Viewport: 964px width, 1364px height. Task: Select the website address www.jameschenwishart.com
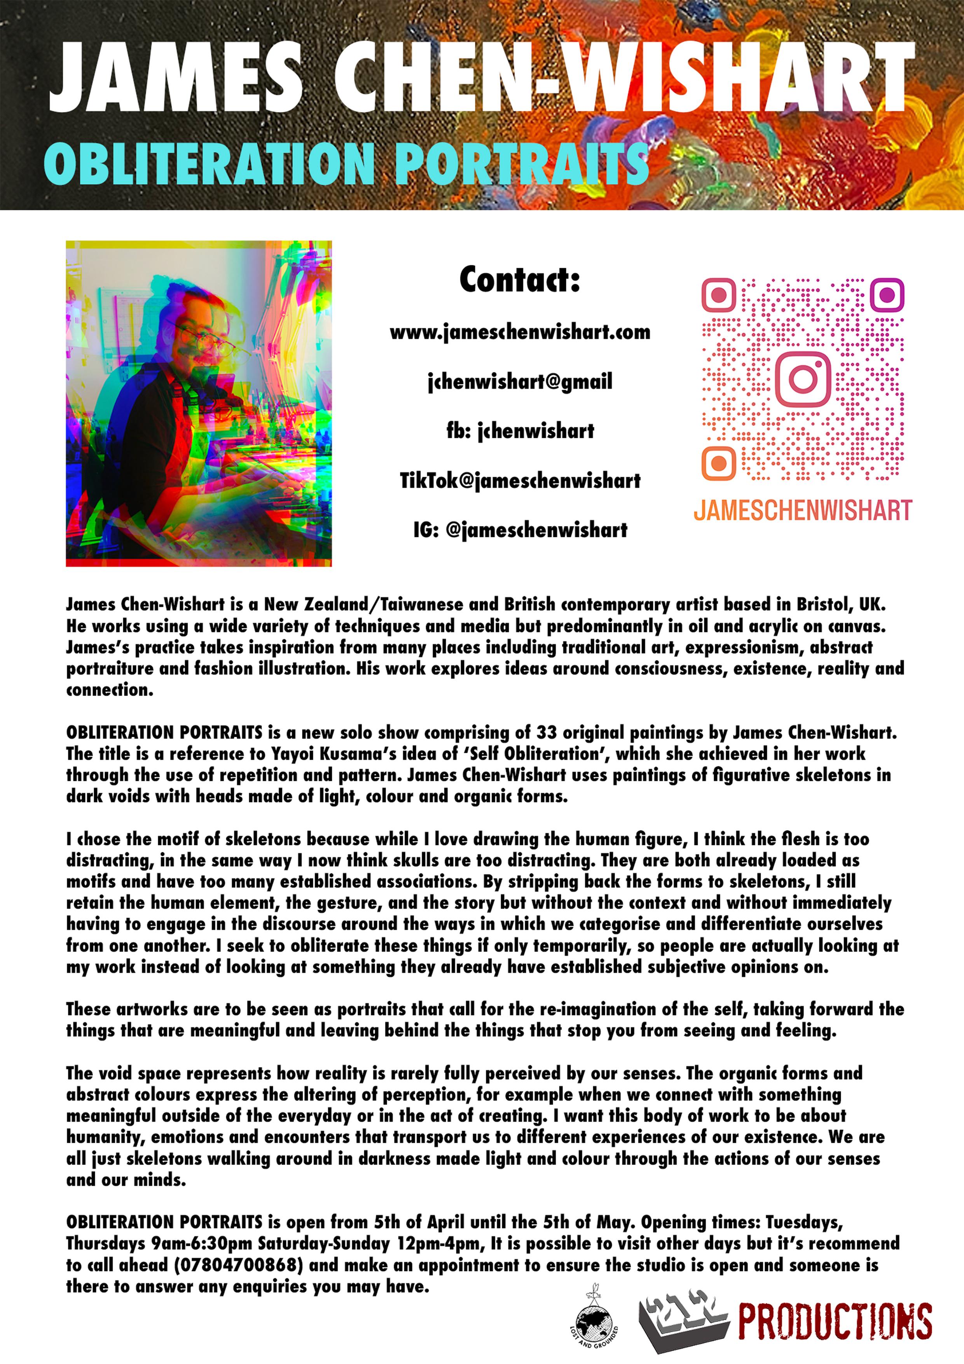click(x=520, y=332)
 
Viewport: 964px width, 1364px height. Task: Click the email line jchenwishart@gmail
click(x=520, y=381)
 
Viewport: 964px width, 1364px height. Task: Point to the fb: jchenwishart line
click(x=520, y=431)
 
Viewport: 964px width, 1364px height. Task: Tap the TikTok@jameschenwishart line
click(x=520, y=480)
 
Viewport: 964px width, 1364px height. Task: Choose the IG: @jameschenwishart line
click(x=520, y=529)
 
